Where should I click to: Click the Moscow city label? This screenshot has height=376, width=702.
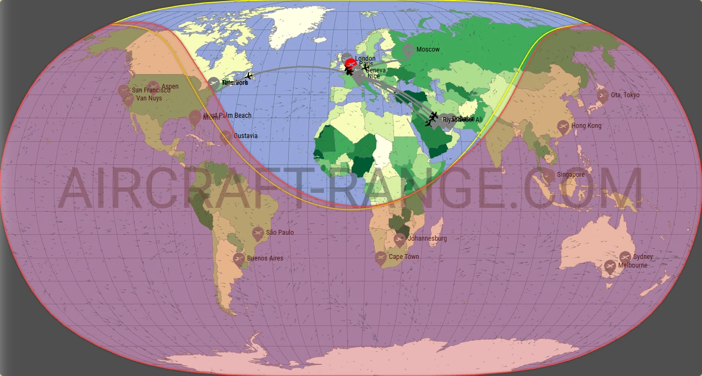[428, 49]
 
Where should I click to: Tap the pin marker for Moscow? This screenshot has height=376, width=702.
[408, 51]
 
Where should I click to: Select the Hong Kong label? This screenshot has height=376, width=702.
[586, 126]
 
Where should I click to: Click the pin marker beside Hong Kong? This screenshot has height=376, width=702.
[563, 127]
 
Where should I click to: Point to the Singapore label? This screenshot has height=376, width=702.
[571, 175]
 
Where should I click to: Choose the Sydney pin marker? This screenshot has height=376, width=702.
[625, 257]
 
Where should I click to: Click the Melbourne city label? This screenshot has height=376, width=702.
[632, 265]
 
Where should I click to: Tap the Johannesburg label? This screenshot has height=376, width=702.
[427, 238]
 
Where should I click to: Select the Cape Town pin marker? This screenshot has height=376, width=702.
[381, 258]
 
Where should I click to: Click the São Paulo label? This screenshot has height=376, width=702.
[280, 233]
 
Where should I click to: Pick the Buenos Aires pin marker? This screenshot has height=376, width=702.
[239, 259]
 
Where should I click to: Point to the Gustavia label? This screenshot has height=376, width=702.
[245, 136]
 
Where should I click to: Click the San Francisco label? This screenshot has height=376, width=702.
[151, 91]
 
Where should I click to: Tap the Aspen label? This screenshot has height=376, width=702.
[170, 86]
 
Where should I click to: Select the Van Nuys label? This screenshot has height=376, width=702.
[149, 99]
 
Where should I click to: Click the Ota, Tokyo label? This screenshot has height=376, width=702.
[625, 95]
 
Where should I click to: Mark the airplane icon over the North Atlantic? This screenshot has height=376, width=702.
[248, 76]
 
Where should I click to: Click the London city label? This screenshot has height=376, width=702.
[365, 59]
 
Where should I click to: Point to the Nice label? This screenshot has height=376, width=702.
[374, 76]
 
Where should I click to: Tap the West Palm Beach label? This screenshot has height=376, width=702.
[228, 115]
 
